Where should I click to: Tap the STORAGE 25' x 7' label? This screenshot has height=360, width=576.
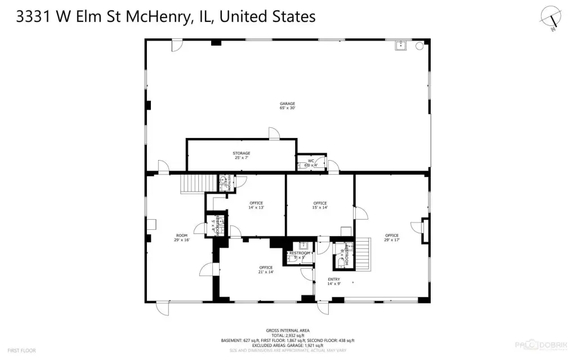pos(242,155)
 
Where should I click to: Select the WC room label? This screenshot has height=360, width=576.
pos(311,163)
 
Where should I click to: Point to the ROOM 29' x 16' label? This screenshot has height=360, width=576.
pos(181,237)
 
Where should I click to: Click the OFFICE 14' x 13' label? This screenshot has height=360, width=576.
pos(256,205)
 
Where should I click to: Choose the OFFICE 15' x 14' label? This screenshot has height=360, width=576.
pos(320,205)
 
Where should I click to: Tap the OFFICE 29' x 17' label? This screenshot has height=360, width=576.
pos(391,237)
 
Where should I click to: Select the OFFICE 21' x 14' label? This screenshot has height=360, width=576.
pos(266,269)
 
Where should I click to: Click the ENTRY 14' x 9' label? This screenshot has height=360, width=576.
pos(334,281)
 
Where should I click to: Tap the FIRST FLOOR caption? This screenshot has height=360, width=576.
pos(23,350)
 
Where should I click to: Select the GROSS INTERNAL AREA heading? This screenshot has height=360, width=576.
pos(287,331)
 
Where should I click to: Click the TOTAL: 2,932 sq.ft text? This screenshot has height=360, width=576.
pos(287,335)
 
